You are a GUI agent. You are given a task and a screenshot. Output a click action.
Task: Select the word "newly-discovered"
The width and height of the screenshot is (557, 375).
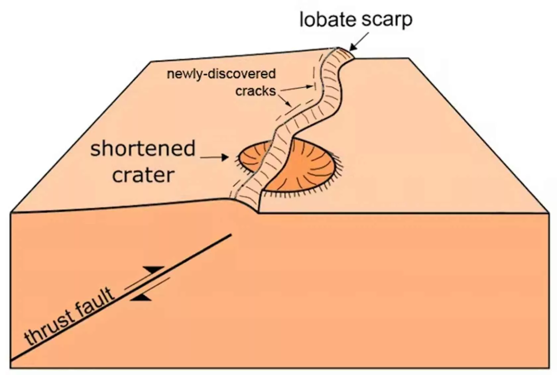(x=221, y=74)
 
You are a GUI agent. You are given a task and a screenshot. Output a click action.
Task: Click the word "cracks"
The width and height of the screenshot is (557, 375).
(x=255, y=91)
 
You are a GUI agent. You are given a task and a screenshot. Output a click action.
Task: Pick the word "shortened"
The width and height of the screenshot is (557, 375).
(x=143, y=149)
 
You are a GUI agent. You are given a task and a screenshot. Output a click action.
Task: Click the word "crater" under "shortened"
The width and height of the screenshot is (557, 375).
(x=143, y=175)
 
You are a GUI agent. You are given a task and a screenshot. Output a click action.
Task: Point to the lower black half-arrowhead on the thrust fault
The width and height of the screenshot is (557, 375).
(x=141, y=298)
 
